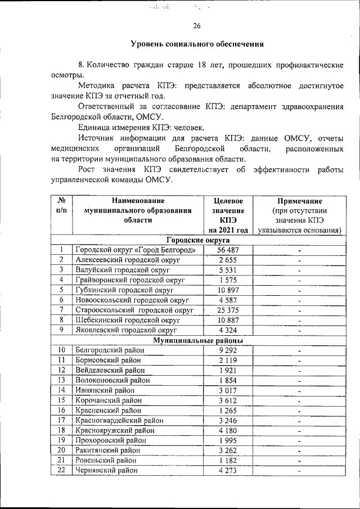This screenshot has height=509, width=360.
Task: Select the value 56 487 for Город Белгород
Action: (x=228, y=250)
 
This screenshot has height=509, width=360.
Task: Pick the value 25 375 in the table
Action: (x=228, y=310)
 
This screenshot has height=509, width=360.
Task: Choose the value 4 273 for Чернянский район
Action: (x=228, y=470)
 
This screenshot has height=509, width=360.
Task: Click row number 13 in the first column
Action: (x=61, y=380)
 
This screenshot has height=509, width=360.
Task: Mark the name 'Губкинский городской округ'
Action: (x=124, y=290)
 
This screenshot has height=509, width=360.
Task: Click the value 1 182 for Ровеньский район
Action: (x=228, y=460)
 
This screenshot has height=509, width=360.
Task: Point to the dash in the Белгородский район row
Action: (x=300, y=350)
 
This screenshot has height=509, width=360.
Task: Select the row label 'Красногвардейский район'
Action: (x=119, y=420)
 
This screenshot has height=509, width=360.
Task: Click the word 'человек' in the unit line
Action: (x=188, y=128)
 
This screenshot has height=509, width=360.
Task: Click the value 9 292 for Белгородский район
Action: (x=228, y=350)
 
